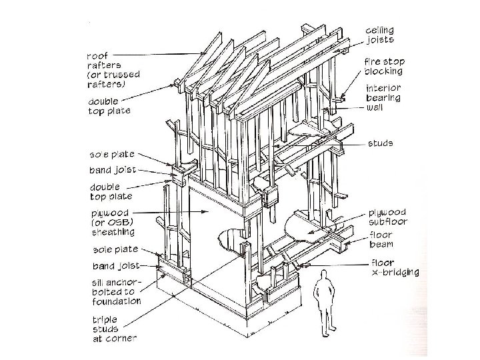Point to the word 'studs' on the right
380,143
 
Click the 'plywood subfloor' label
388,217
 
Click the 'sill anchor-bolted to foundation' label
116,291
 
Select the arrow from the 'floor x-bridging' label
333,265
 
